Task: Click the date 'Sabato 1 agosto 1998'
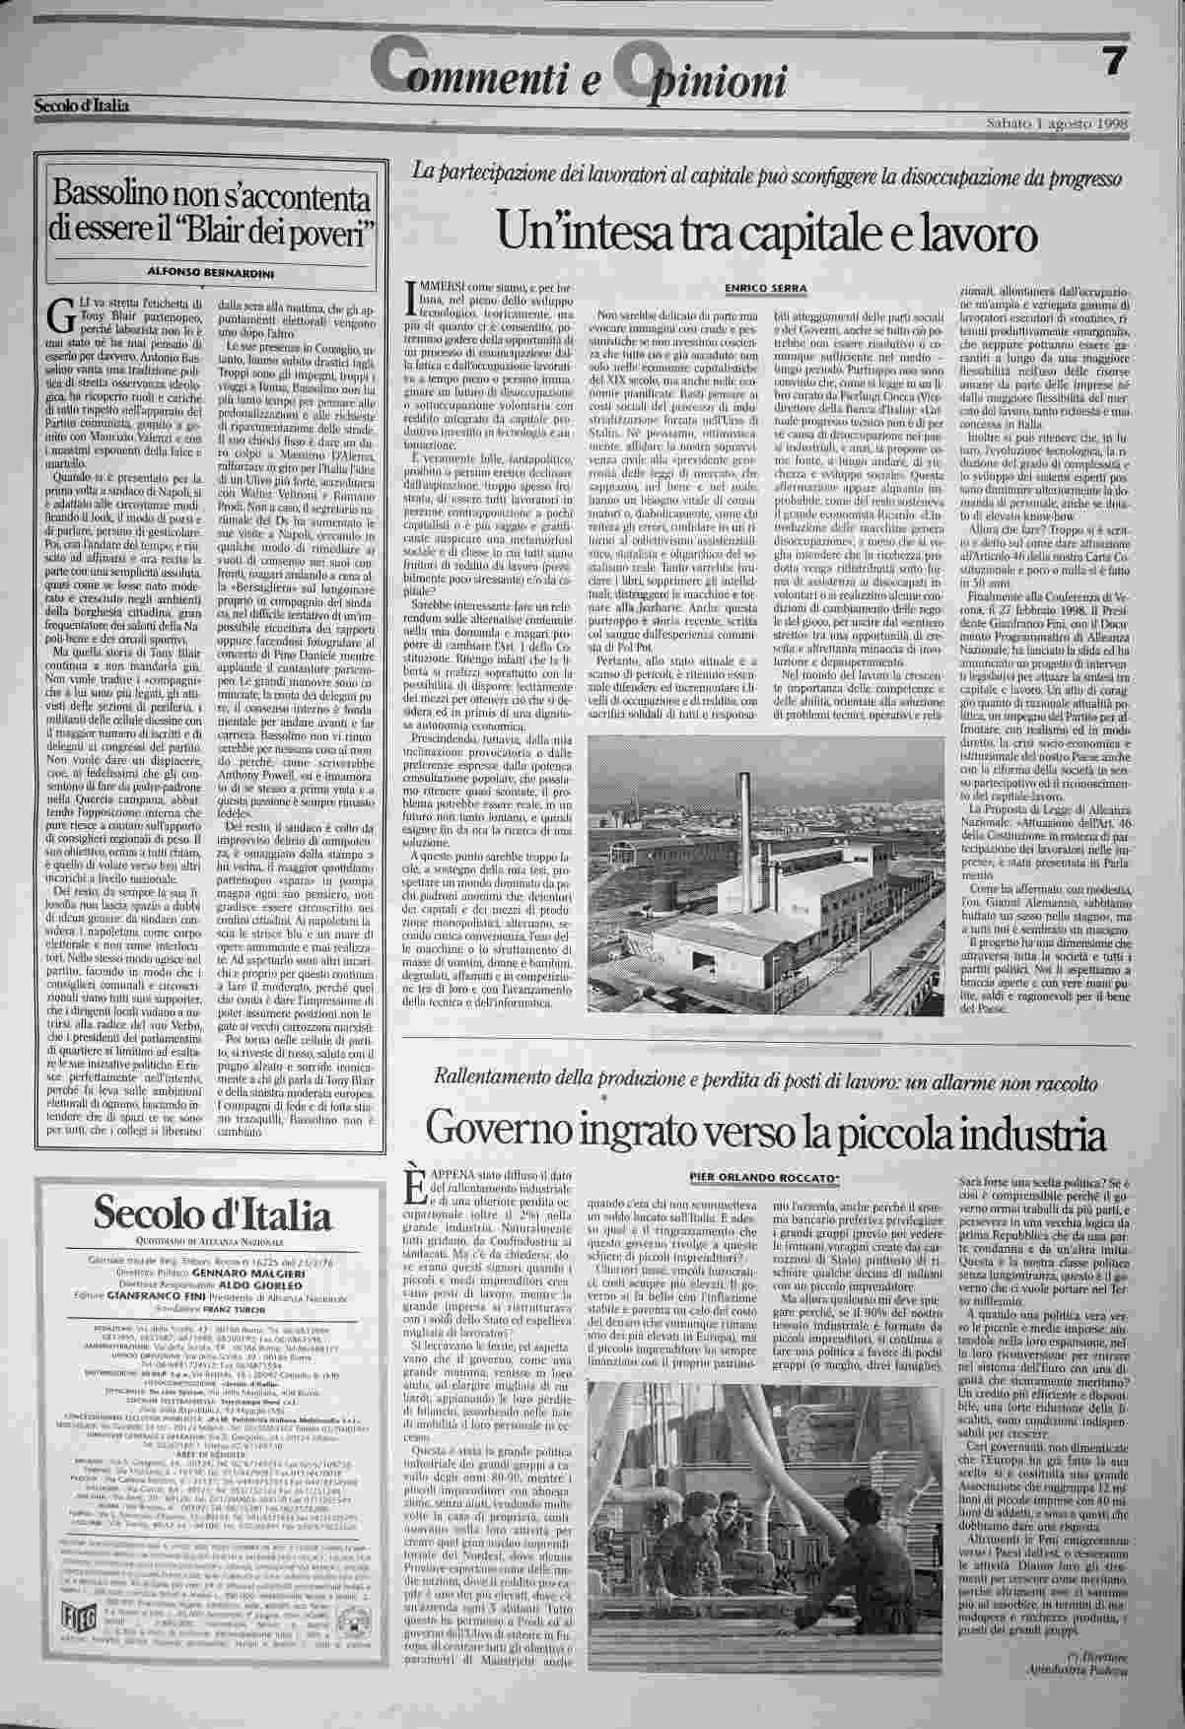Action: coord(1057,123)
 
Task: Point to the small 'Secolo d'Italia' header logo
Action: coord(82,105)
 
